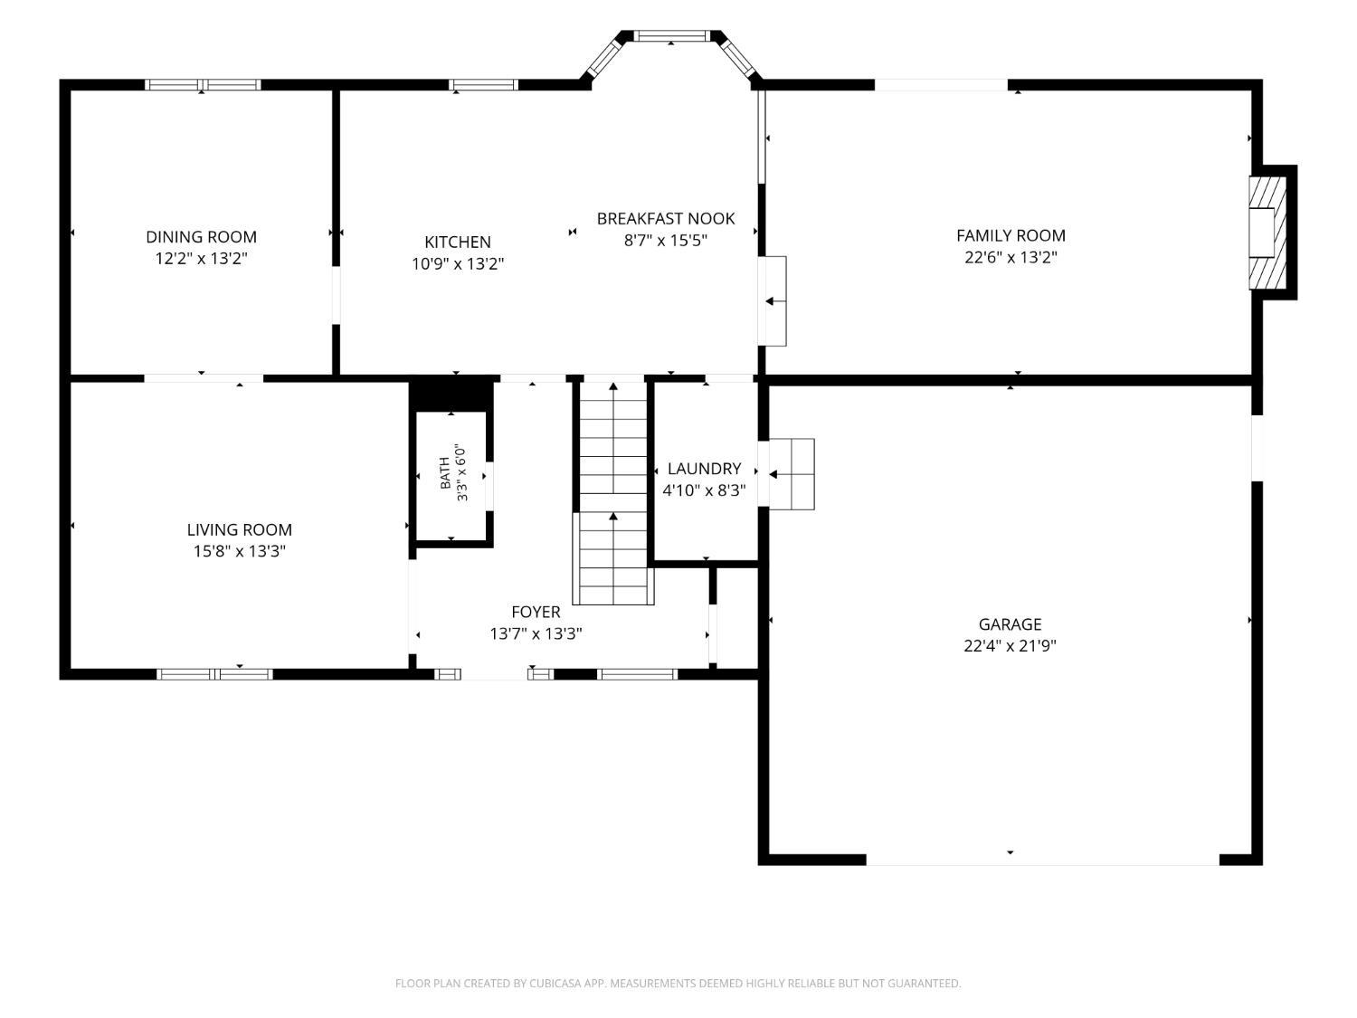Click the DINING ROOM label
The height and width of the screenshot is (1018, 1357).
201,237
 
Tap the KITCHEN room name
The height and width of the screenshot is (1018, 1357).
458,242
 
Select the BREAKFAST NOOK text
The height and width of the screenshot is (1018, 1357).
665,218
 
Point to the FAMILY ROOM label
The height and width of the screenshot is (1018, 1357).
1011,235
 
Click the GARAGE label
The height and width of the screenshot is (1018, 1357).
1010,624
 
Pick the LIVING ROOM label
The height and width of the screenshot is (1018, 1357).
239,529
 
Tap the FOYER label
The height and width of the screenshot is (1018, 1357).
536,612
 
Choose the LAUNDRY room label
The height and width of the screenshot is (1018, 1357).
704,469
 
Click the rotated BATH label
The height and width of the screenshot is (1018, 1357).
445,473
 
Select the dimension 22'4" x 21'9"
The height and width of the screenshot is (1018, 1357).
1010,646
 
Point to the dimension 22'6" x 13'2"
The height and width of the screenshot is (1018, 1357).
1011,257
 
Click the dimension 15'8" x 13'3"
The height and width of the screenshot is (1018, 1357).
239,551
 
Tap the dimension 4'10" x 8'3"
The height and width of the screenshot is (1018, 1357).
704,490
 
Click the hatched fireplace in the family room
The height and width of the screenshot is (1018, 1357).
1267,233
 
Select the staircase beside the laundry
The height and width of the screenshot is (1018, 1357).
612,492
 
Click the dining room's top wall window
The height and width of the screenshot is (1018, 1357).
203,85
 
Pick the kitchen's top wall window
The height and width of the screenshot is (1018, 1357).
483,85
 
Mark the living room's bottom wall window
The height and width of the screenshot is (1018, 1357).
214,674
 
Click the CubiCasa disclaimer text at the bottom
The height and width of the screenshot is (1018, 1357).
678,983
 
